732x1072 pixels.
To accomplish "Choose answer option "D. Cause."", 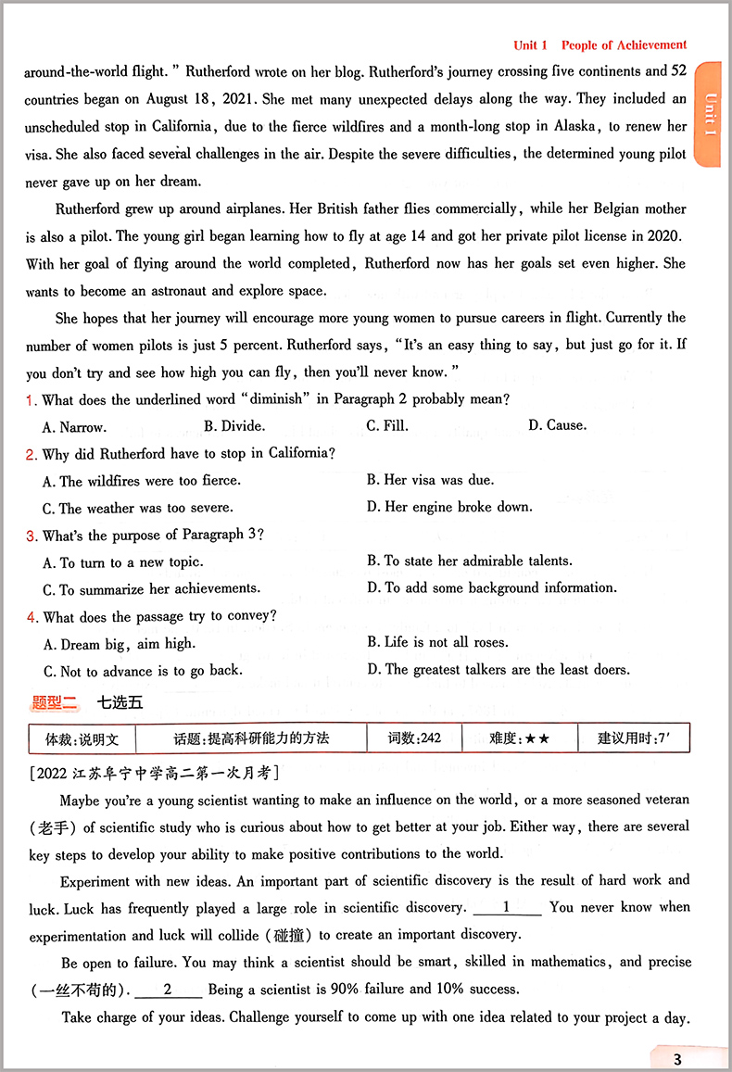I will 557,425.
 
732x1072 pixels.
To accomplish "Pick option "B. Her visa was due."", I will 430,480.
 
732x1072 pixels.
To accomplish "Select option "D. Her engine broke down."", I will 449,507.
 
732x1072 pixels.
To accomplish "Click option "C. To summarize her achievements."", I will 151,588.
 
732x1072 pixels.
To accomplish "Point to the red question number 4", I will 32,617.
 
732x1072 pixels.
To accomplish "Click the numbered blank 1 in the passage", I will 506,907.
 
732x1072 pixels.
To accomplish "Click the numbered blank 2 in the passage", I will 168,990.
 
